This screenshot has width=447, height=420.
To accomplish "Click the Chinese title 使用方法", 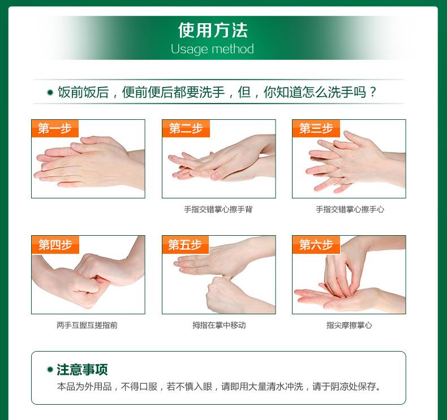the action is (x=213, y=30).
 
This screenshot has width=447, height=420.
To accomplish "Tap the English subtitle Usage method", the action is (x=212, y=49).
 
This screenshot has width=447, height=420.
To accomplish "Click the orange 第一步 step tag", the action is (x=55, y=128).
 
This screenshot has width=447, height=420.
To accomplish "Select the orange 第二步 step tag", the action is (x=186, y=128).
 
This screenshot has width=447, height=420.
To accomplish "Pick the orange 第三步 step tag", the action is (x=316, y=128).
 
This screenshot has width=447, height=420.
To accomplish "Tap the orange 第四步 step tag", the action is (x=55, y=245).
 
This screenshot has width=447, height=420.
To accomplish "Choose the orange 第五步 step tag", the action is (x=185, y=245).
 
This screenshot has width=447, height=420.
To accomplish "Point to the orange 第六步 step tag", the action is (x=316, y=245).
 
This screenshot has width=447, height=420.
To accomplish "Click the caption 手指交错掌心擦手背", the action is (x=218, y=210).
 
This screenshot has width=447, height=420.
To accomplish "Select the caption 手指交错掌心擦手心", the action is (x=350, y=210).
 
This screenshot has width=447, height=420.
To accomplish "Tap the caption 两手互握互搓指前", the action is (x=87, y=325).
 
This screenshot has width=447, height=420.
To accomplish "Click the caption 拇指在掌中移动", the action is (x=219, y=325).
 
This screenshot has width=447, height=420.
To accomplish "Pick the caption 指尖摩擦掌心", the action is (x=349, y=325).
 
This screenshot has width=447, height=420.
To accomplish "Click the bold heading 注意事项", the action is (x=82, y=370).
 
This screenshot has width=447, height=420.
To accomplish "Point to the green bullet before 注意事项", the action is (x=50, y=370).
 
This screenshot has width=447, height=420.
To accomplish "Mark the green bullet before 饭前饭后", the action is (x=50, y=92).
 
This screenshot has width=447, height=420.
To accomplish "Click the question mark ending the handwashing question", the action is (x=373, y=92).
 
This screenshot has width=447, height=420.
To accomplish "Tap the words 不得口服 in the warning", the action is (x=139, y=387).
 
